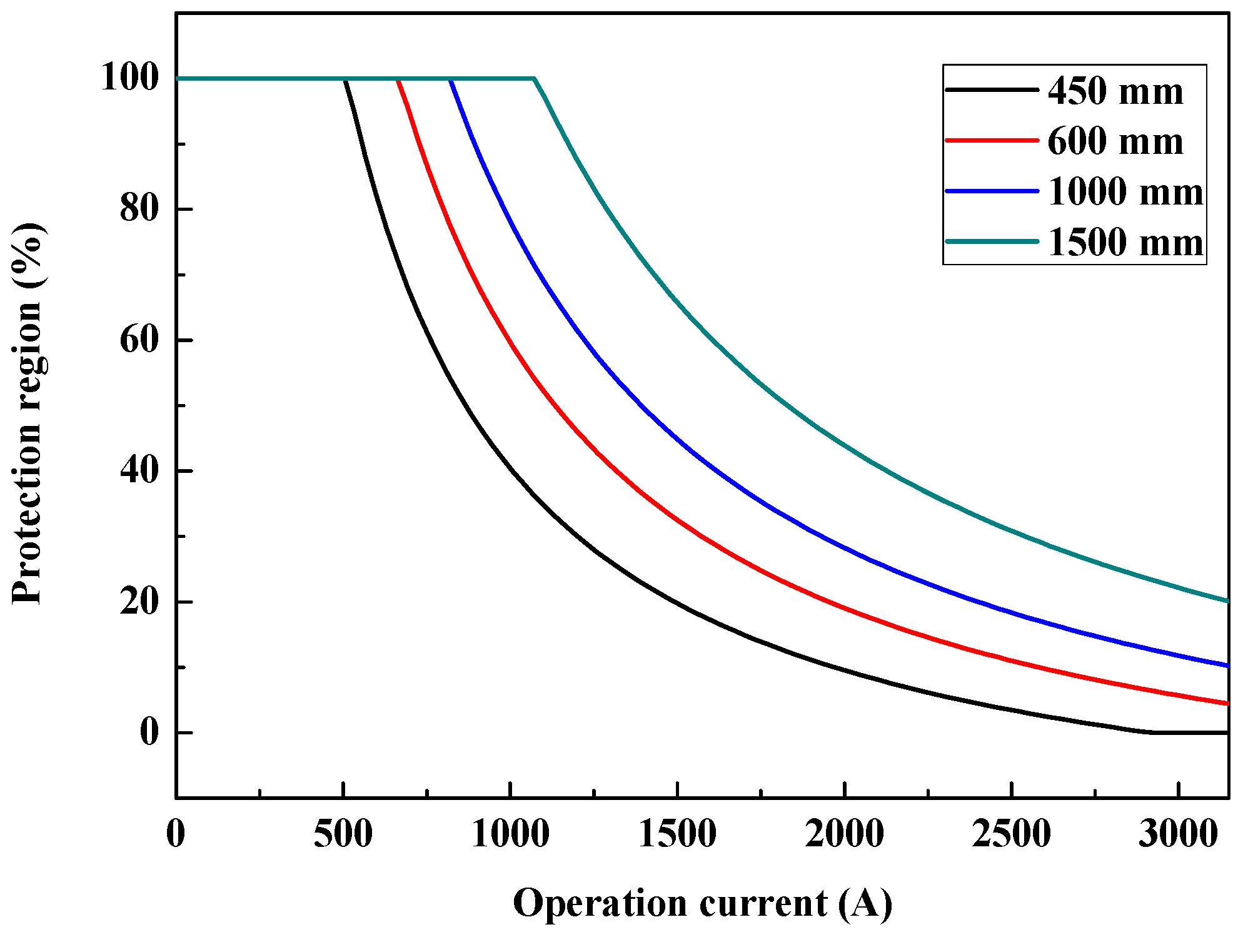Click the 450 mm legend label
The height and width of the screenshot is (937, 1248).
click(1115, 91)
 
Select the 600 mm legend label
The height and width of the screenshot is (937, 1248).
click(1115, 141)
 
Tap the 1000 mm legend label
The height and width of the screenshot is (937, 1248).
click(1125, 191)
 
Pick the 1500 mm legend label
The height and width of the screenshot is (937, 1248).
click(1125, 243)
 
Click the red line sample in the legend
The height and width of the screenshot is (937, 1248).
click(992, 140)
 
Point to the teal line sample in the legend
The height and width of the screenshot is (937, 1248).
click(992, 241)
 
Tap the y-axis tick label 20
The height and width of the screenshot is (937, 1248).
click(139, 602)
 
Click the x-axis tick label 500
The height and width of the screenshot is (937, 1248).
click(343, 834)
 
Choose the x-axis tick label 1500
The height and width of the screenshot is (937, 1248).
click(677, 834)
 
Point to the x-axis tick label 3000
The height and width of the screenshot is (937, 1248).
click(1178, 834)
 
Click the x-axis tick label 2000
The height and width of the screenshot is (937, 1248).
click(844, 834)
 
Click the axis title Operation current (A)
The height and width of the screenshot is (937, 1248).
click(703, 903)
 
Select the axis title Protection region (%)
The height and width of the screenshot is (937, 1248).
click(28, 413)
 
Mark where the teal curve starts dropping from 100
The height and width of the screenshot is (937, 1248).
click(535, 79)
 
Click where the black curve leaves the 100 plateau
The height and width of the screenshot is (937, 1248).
click(344, 79)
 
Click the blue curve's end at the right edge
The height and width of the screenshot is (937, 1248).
click(1227, 666)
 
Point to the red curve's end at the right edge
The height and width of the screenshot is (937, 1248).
click(1227, 704)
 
